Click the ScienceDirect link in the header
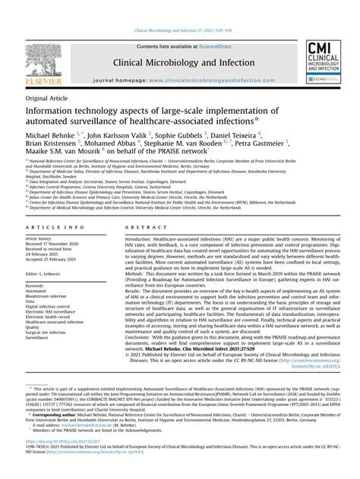click(x=209, y=47)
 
